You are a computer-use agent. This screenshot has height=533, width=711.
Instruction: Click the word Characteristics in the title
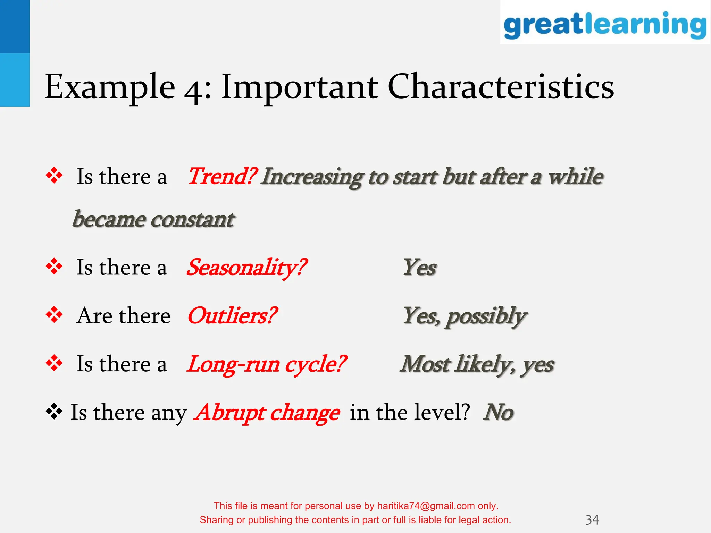[501, 87]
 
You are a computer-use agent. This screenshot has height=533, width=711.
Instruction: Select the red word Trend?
[222, 176]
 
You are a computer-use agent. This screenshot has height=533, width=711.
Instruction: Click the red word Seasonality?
[246, 268]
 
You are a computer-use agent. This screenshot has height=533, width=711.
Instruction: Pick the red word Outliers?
[232, 316]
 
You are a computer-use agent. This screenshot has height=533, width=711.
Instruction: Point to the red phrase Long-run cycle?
[266, 364]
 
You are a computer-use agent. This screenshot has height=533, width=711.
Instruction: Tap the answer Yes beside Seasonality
[419, 268]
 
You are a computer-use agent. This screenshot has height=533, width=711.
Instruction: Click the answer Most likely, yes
[477, 364]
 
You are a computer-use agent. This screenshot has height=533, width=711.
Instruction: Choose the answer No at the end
[498, 412]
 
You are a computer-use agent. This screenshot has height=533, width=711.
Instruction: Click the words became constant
[153, 220]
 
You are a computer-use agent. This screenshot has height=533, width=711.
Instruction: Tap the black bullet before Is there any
[54, 412]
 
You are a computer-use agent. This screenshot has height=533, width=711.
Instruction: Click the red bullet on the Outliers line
[54, 315]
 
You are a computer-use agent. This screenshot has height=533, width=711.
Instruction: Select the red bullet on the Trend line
[54, 175]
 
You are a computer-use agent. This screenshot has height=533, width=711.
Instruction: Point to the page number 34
[592, 520]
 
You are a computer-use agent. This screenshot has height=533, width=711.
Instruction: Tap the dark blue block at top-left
[15, 26]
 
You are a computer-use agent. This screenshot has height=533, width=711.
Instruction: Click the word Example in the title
[110, 87]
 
